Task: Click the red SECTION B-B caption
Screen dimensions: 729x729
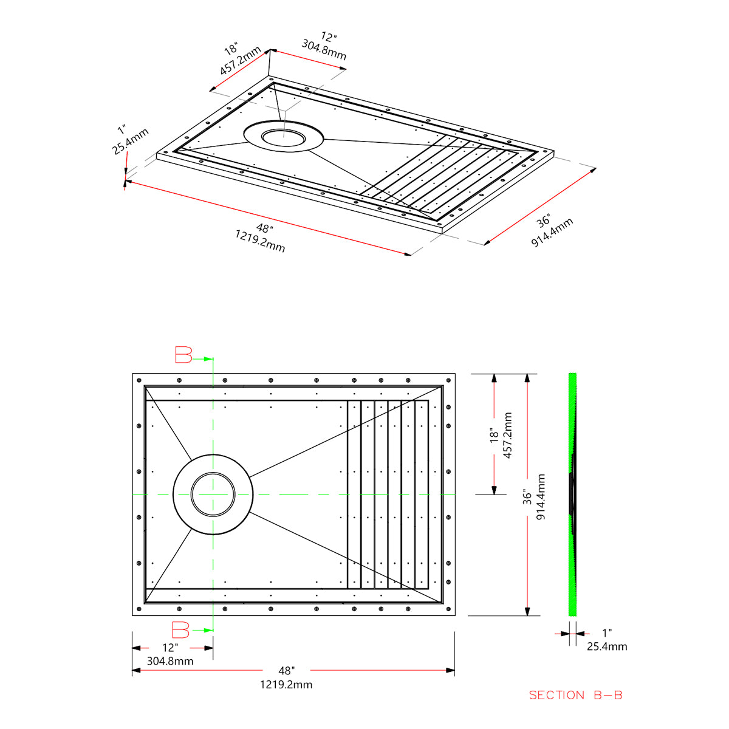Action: coord(575,695)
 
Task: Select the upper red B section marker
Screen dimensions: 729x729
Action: coord(183,355)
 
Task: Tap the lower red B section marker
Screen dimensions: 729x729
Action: coord(180,630)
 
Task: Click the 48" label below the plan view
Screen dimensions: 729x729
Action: coord(286,671)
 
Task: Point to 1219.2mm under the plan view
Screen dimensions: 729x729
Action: coord(286,685)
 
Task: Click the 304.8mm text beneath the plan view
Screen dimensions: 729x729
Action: coord(170,661)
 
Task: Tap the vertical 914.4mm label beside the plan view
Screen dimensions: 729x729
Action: coord(541,496)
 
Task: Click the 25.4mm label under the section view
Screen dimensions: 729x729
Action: coord(607,646)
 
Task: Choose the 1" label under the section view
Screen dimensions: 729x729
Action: coord(606,634)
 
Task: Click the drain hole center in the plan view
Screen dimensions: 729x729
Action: coord(213,495)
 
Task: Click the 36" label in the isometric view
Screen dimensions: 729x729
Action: coord(543,221)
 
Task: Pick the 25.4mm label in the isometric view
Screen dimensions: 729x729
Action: coord(131,142)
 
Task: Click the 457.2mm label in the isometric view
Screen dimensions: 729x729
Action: coord(241,61)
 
